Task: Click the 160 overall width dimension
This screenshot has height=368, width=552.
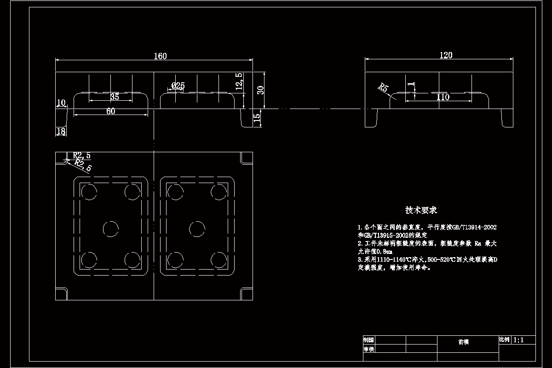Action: click(160, 56)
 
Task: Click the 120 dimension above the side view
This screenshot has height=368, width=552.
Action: click(446, 55)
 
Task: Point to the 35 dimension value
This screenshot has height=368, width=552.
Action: click(115, 97)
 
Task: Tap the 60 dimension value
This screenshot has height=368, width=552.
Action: click(110, 111)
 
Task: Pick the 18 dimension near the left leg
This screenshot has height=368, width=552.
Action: click(61, 132)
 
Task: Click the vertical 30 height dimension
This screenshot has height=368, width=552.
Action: click(261, 90)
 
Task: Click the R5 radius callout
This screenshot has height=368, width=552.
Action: click(383, 88)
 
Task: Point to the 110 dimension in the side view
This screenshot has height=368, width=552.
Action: click(443, 97)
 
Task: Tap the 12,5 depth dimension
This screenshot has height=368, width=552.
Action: click(238, 82)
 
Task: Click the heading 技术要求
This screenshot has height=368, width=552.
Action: click(420, 210)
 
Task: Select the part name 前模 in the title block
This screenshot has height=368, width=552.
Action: click(463, 342)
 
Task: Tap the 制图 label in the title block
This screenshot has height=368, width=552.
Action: click(368, 340)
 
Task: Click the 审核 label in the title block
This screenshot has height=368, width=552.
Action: click(368, 349)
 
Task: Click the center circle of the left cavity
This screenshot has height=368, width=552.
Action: click(110, 229)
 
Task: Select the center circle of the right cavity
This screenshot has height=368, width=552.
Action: click(197, 229)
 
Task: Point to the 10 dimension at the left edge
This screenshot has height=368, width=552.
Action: click(61, 103)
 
